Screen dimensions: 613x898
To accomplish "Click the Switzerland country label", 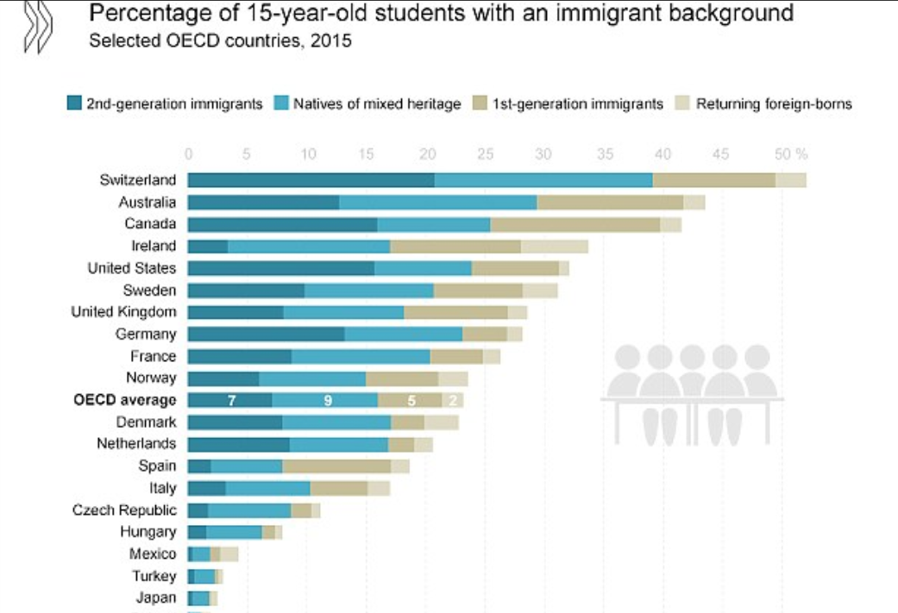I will tap(137, 180).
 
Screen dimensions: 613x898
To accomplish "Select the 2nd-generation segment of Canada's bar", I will tap(282, 224).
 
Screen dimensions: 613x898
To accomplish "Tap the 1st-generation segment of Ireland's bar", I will tap(455, 247).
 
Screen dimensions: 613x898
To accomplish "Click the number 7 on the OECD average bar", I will tap(231, 400).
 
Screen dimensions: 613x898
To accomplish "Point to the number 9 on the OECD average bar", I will tap(328, 400).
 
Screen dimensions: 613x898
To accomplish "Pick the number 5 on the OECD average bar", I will tap(411, 400).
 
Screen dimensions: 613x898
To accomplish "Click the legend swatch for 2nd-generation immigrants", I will tap(74, 104).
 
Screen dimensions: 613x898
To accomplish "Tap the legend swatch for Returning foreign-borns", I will tap(682, 104).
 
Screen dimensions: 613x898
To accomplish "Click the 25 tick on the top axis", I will tap(486, 154).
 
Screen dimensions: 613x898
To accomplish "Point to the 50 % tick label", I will tap(790, 154).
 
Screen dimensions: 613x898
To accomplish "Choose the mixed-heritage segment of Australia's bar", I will tap(437, 203).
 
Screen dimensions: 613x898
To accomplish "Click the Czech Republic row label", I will tap(124, 510).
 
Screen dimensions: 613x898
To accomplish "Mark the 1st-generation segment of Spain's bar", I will tap(336, 466).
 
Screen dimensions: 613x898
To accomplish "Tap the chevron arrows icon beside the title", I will tap(36, 26).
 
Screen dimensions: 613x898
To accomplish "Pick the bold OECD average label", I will tap(136, 400).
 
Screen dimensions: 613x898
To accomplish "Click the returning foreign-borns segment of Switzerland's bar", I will tap(790, 180).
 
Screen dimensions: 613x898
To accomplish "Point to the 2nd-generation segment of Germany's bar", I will tap(266, 335).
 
